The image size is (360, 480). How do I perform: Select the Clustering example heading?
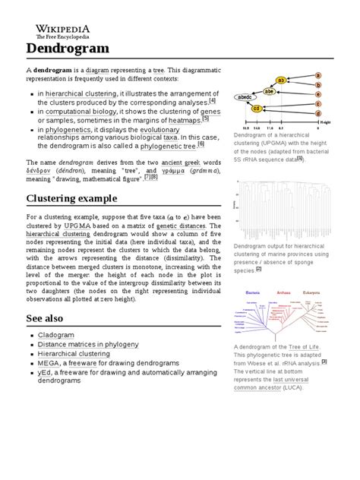click(74, 198)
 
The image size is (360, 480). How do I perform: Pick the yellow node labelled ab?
click(280, 80)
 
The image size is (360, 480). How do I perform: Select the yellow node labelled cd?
click(258, 109)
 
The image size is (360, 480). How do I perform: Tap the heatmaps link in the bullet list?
click(185, 120)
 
